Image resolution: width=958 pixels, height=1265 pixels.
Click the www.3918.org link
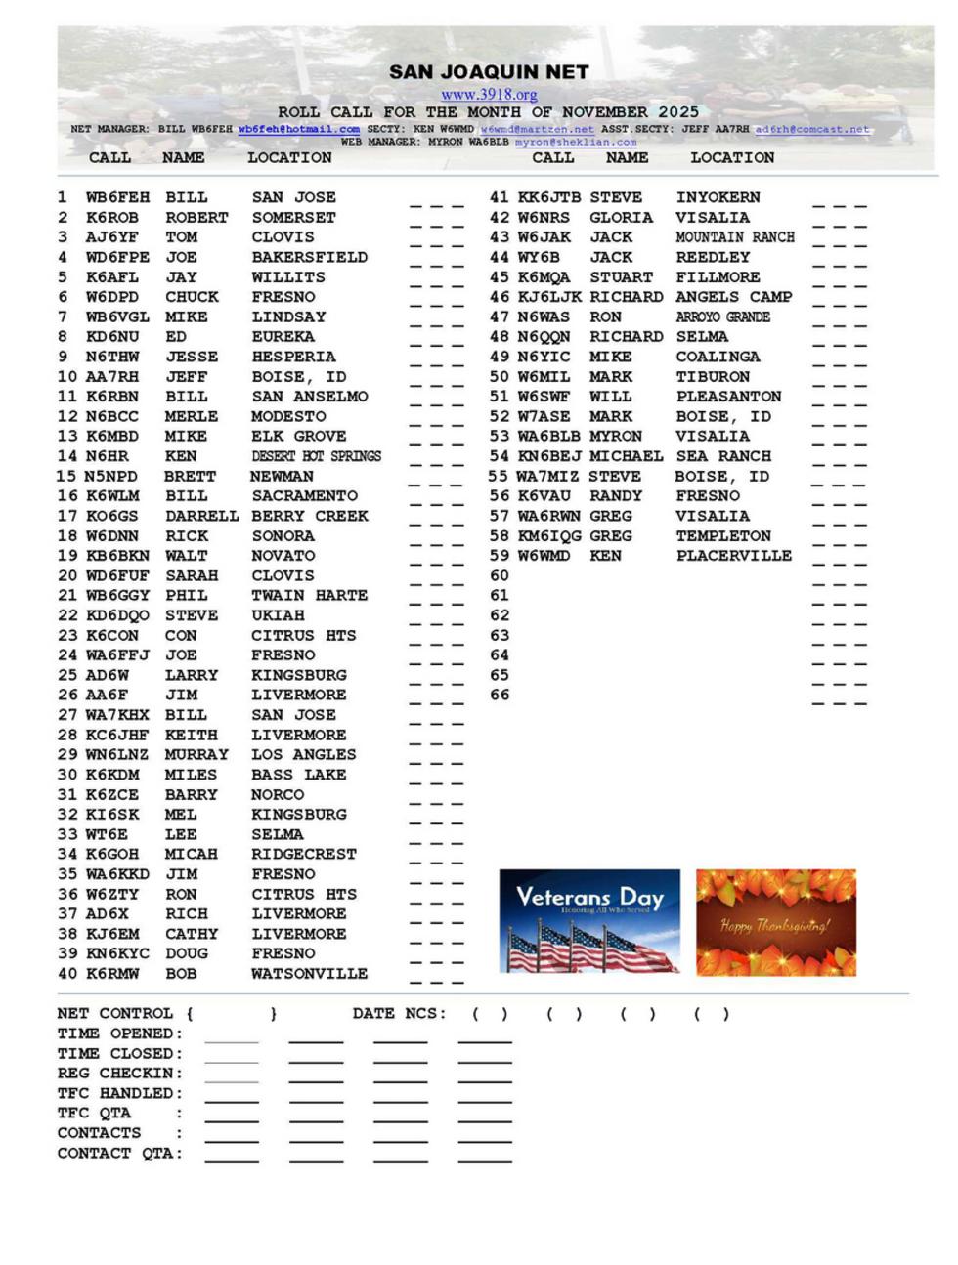pos(489,95)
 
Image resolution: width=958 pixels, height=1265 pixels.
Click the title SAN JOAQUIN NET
pos(489,72)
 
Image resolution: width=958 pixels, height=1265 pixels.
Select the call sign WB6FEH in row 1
pos(118,197)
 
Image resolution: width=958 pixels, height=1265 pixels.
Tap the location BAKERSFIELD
pos(310,257)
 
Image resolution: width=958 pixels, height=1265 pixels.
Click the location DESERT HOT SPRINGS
pos(316,456)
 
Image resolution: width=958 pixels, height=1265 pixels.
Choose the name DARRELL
pos(201,516)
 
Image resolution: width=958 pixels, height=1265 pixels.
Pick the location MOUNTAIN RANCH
pos(735,237)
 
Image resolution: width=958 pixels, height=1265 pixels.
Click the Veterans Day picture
pos(589,921)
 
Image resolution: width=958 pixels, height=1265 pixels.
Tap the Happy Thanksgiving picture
pos(775,921)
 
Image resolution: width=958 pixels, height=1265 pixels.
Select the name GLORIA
pos(621,218)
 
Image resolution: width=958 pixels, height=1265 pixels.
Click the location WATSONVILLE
pos(310,974)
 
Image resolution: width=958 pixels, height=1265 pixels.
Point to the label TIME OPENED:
pos(120,1033)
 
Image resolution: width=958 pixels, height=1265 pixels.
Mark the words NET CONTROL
pos(115,1014)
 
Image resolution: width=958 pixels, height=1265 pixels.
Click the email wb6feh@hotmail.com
pos(298,129)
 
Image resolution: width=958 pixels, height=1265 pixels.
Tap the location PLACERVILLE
pos(734,556)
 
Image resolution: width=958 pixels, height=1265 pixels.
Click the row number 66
pos(500,695)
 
